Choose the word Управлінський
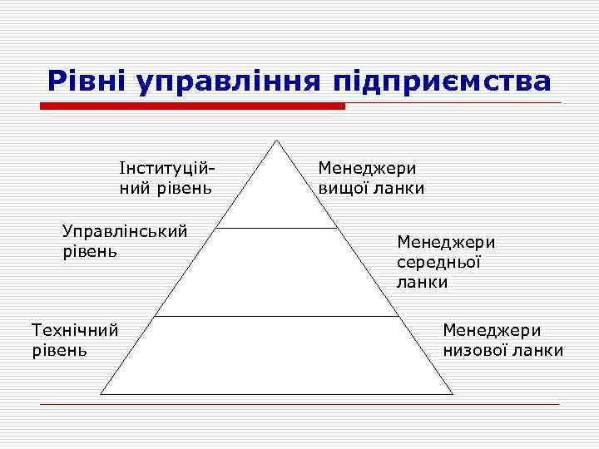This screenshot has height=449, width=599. (125, 230)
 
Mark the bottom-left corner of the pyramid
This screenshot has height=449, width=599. (101, 393)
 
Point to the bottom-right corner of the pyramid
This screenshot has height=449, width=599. (453, 393)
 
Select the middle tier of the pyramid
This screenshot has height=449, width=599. (276, 273)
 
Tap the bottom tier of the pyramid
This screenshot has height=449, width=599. (276, 356)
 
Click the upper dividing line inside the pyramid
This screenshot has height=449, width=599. (276, 227)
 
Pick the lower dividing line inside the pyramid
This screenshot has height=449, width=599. (276, 316)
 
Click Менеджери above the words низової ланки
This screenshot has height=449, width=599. (492, 330)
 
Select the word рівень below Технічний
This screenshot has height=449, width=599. (58, 350)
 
